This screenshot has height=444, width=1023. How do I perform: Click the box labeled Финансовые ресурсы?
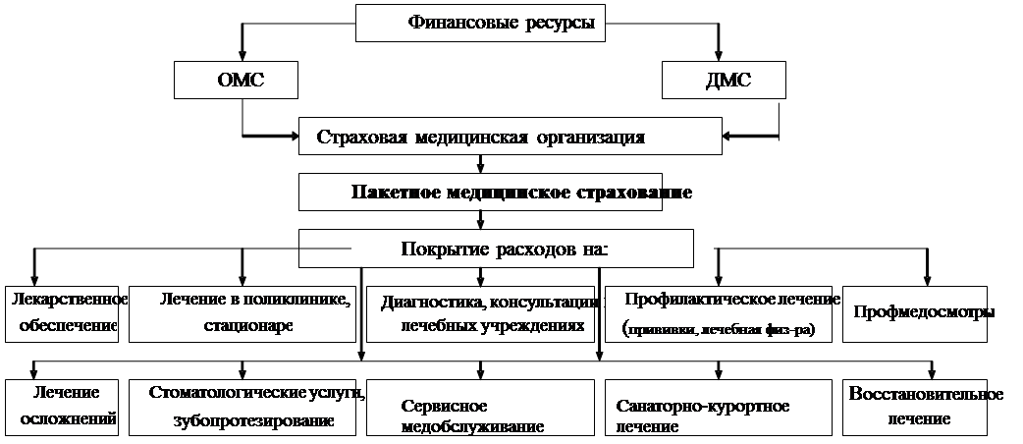pyautogui.click(x=479, y=23)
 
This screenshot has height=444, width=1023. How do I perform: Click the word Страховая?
pyautogui.click(x=359, y=137)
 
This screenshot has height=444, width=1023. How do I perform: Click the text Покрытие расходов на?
pyautogui.click(x=505, y=249)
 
